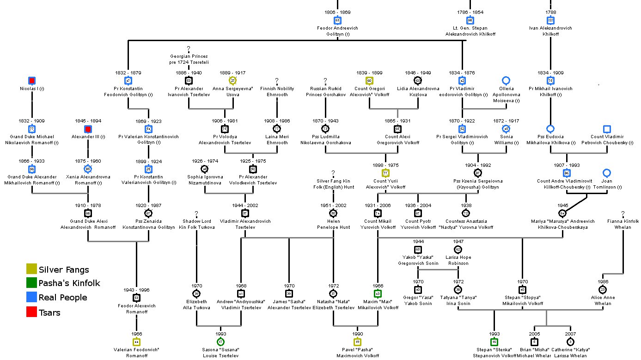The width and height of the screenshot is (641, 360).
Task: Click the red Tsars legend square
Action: click(31, 313)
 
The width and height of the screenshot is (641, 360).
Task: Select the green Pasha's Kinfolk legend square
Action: click(31, 283)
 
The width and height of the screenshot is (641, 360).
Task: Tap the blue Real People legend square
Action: click(31, 298)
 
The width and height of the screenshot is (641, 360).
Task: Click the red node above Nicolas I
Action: click(32, 81)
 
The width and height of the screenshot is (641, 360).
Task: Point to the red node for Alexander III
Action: click(88, 129)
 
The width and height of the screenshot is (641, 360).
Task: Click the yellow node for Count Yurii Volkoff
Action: click(385, 173)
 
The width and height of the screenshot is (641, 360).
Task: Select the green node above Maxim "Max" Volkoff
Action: click(378, 293)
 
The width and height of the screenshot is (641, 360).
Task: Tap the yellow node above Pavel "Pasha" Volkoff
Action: click(358, 342)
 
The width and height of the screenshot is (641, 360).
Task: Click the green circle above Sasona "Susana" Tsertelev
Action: click(220, 342)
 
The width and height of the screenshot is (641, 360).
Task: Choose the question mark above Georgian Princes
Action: click(189, 49)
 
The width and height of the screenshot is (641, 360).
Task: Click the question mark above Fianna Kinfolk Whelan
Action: click(623, 214)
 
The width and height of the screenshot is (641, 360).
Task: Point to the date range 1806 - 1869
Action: click(338, 12)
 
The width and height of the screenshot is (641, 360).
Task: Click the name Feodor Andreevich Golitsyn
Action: click(338, 31)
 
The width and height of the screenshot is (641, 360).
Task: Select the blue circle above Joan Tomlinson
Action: click(607, 173)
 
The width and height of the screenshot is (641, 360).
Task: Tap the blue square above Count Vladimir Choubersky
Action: click(607, 129)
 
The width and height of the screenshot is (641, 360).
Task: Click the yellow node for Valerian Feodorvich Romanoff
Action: click(136, 342)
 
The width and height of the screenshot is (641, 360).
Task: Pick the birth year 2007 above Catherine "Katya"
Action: click(571, 334)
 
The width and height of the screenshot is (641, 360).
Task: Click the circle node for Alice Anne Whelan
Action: click(603, 289)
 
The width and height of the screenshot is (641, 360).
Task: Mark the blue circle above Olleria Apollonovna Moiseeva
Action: click(506, 81)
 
